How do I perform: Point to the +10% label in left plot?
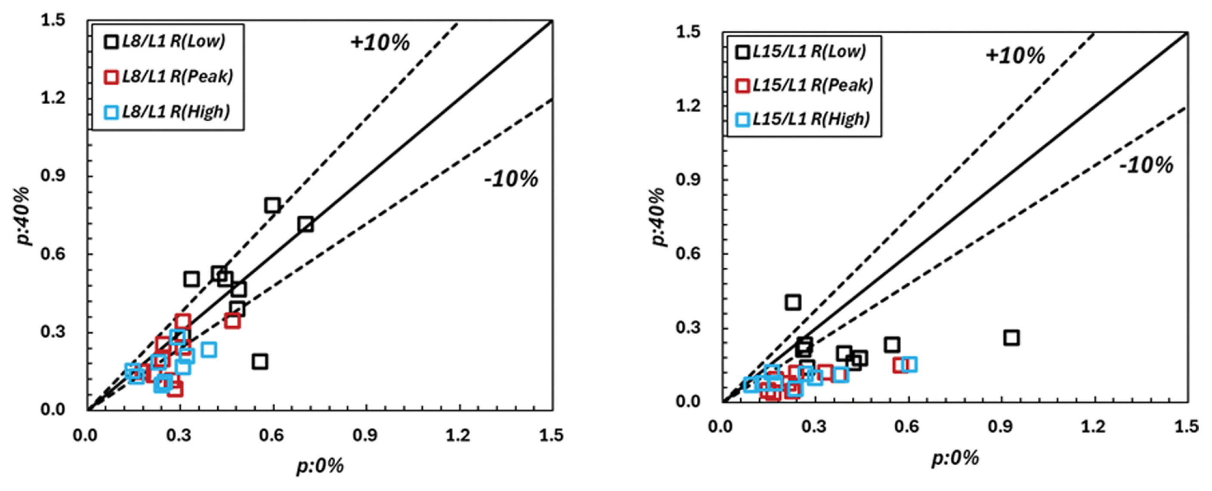click(380, 43)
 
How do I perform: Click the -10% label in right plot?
click(1146, 166)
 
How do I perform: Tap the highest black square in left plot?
click(272, 205)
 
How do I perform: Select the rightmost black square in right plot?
click(1011, 338)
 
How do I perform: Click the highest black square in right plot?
click(793, 302)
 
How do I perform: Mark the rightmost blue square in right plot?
click(909, 364)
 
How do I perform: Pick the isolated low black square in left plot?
click(260, 361)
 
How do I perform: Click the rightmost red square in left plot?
click(232, 321)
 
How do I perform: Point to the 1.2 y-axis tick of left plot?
click(53, 98)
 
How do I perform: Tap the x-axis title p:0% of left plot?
click(319, 466)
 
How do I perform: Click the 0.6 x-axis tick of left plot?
click(272, 435)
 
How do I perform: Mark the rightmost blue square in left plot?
click(209, 349)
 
